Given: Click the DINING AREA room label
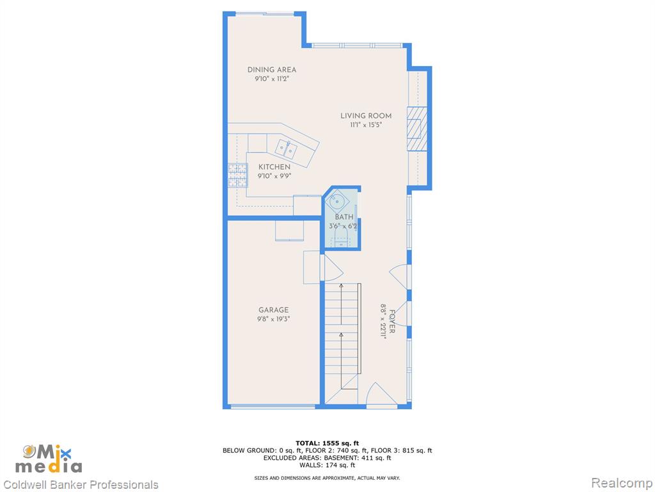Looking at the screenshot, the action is coord(271,70).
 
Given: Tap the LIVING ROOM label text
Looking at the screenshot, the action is coord(366,116).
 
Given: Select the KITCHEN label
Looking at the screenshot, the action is coord(274,167).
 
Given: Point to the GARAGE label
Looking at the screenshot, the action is coord(273,310).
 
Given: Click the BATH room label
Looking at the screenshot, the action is coord(344,217).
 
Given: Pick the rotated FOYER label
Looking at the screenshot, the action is coord(392,322).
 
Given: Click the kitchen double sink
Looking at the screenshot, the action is coord(286,149).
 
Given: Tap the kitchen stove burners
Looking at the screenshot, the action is coord(237,176).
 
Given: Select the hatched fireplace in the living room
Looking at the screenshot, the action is coord(417,129).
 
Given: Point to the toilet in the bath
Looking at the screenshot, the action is coord(342,237).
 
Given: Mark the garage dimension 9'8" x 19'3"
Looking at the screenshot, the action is coord(273,319).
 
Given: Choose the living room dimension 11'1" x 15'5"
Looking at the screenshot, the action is coord(366,125).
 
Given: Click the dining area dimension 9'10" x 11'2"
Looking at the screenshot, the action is coord(272,79).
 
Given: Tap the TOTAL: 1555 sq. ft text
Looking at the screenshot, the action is coord(327,443).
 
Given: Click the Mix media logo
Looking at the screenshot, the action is coord(49,459).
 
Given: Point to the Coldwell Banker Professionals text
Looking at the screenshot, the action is coord(81,485).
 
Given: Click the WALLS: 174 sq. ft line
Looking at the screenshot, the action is coord(327,465).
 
